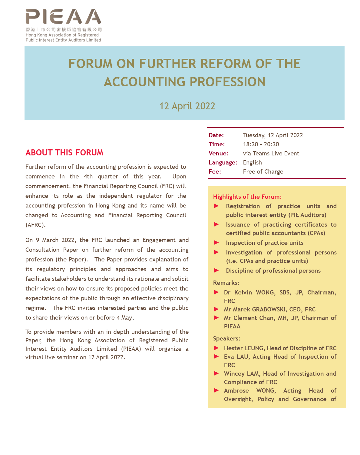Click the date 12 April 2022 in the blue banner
pos(187,106)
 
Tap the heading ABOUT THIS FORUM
pos(64,152)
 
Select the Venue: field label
pos(218,153)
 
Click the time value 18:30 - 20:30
pos(261,144)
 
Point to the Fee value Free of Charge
pos(263,171)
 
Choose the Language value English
pos(252,162)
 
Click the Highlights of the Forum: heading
pos(247,197)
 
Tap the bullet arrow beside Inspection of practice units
pos(216,243)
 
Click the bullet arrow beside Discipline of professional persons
pos(216,271)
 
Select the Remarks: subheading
pos(226,283)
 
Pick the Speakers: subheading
pos(226,338)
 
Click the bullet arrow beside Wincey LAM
pos(216,374)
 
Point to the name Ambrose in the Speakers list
pos(236,390)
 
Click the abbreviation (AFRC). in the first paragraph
pos(35,225)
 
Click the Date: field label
pos(216,135)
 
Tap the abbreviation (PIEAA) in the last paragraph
pos(131,349)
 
